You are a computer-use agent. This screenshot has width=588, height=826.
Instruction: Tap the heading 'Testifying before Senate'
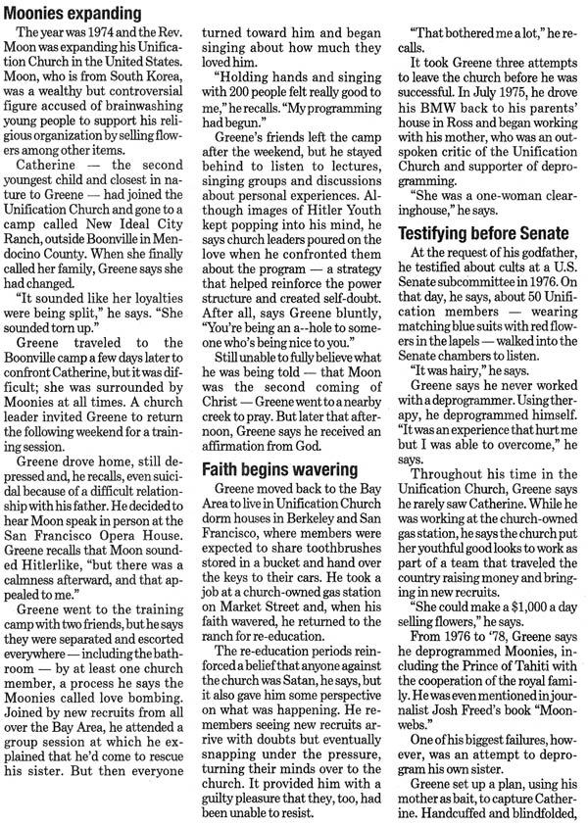pyautogui.click(x=483, y=235)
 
